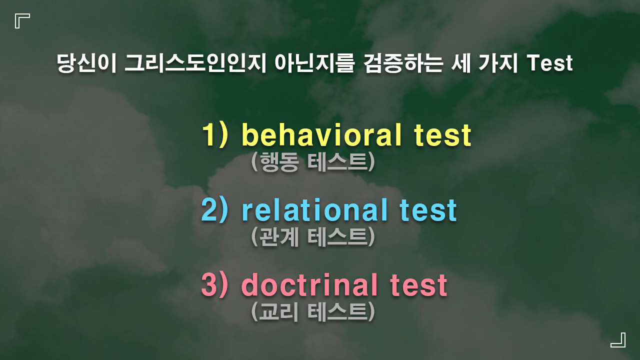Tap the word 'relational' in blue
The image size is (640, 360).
pos(314,210)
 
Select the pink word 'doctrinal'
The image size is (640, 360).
pos(309,285)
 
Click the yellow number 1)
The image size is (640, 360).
pos(215,135)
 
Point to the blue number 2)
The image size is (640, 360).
pos(215,210)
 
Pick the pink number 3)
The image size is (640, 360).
pos(215,285)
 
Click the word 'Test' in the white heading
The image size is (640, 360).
pos(549,63)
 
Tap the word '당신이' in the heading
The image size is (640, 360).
pos(86,63)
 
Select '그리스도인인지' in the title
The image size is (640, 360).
pos(195,63)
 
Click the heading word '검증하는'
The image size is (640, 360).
pos(403,63)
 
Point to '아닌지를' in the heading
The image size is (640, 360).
pos(314,63)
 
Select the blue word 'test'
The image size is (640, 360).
pos(428,210)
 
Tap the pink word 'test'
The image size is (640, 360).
pos(418,285)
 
